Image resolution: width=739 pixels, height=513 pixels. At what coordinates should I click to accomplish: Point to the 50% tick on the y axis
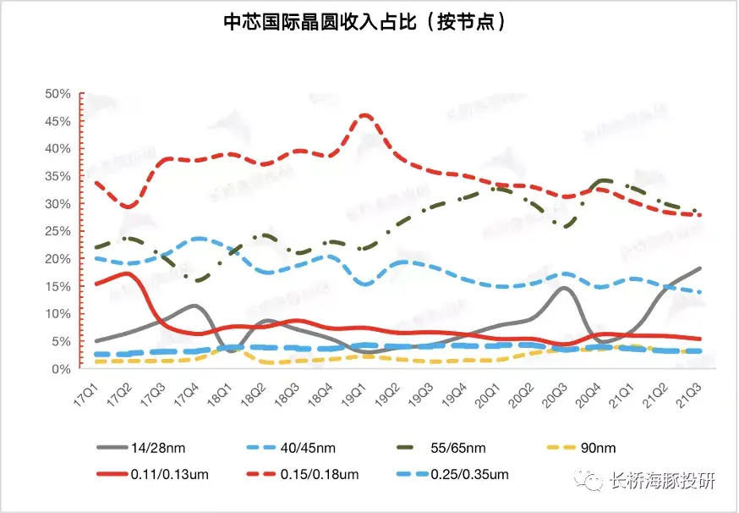[58, 93]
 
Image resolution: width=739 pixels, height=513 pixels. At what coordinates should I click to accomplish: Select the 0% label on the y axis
[62, 369]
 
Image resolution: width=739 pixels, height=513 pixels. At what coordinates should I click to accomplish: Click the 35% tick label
[58, 176]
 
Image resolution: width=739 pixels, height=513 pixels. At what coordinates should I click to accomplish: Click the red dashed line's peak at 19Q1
[364, 115]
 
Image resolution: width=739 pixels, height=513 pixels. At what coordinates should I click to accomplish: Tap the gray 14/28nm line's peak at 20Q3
[565, 288]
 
